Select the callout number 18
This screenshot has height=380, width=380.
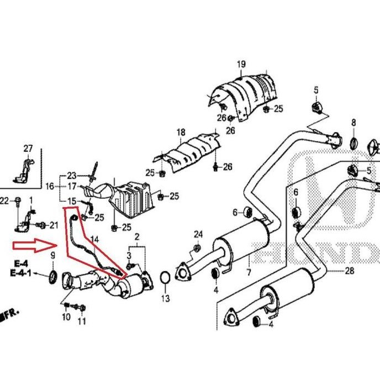pos(181,133)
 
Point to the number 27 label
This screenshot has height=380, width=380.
pos(28,148)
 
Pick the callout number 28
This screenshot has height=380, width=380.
pos(349,271)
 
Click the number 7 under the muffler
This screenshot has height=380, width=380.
pos(249,272)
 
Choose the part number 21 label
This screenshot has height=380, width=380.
pos(54,225)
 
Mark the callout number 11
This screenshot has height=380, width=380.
pos(82,321)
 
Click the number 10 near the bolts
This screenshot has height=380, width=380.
pos(66,318)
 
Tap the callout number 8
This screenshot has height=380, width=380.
pos(353,122)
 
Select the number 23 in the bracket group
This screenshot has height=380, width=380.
pos(72,176)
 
